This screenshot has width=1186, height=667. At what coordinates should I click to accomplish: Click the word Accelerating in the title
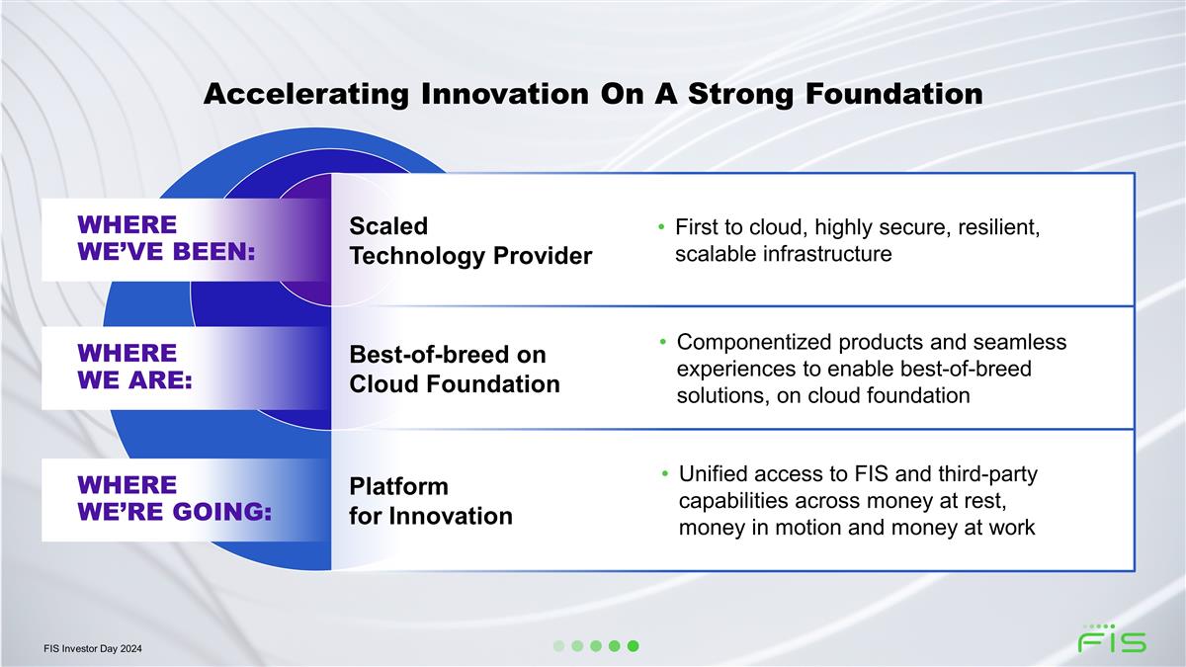click(x=306, y=95)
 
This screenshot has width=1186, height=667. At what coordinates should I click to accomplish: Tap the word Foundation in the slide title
click(x=894, y=94)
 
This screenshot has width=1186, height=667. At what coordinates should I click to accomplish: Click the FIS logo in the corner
click(x=1113, y=638)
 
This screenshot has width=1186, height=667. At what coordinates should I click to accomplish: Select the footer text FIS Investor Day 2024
click(x=93, y=648)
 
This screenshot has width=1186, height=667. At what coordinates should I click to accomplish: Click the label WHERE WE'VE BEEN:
click(x=166, y=238)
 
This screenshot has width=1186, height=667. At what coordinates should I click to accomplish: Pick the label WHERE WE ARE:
click(x=135, y=367)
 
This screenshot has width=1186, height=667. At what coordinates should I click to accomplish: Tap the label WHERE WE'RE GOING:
click(x=175, y=499)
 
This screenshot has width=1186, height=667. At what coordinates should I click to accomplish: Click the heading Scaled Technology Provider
click(x=470, y=241)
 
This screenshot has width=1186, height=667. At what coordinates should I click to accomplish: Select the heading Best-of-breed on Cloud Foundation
click(x=455, y=370)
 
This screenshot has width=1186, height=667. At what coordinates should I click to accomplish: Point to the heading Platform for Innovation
click(x=431, y=501)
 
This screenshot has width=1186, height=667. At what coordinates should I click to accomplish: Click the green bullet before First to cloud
click(x=661, y=227)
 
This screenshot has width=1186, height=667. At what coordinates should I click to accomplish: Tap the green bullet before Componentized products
click(x=663, y=342)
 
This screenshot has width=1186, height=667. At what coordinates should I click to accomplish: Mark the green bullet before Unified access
click(x=665, y=473)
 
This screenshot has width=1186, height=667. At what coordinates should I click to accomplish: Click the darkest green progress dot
click(x=634, y=646)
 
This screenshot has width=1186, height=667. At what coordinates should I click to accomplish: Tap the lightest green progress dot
click(x=558, y=646)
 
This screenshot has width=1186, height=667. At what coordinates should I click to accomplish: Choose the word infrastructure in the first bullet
click(x=827, y=254)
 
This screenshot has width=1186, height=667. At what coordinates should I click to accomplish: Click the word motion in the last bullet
click(x=805, y=528)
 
